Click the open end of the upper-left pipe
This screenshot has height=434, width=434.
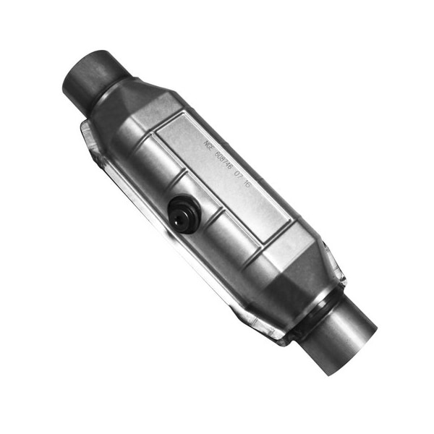pyautogui.click(x=81, y=69)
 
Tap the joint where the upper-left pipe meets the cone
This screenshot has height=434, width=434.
pyautogui.click(x=116, y=90)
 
